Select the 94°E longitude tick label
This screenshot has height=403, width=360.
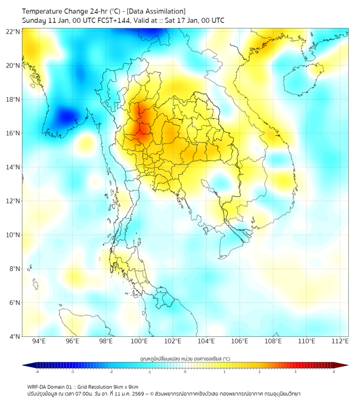(39, 342)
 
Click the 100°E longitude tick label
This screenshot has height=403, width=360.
(140, 342)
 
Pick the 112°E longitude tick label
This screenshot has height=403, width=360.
(340, 342)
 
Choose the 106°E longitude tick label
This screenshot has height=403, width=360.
(240, 342)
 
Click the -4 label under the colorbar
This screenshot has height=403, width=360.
(37, 372)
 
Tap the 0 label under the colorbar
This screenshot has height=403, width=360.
(185, 372)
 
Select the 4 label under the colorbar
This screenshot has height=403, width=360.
(333, 372)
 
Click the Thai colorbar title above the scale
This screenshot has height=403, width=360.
(185, 359)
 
